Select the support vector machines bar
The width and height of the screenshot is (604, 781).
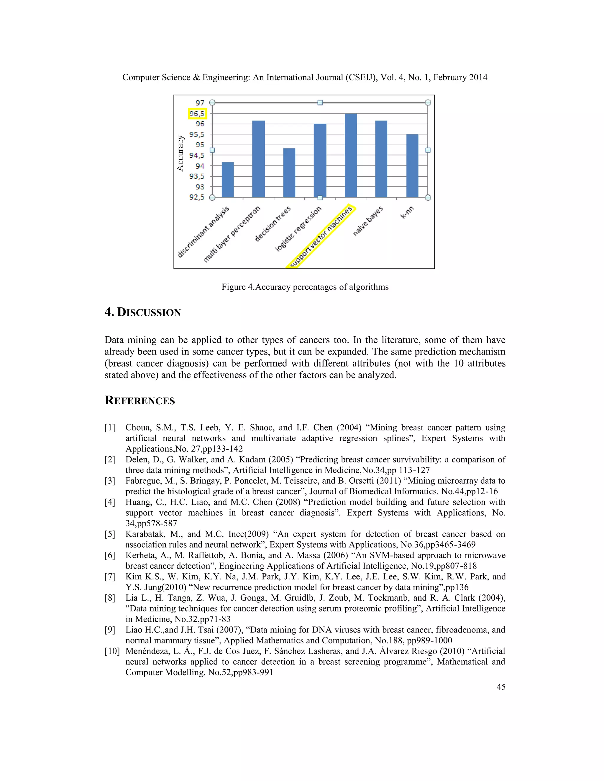351,156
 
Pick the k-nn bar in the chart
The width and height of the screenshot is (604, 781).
412,166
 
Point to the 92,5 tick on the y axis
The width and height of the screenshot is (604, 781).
197,197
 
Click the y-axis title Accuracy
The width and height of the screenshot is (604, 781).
181,153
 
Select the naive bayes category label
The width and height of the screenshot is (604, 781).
368,221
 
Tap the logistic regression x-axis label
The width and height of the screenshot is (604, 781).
298,229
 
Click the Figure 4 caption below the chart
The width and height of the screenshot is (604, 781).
305,287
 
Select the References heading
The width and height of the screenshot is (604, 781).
139,401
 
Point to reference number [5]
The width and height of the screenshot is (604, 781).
110,534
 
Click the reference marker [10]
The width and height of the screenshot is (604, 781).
112,651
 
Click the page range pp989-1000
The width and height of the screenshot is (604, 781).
429,640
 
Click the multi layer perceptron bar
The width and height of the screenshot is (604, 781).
258,159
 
